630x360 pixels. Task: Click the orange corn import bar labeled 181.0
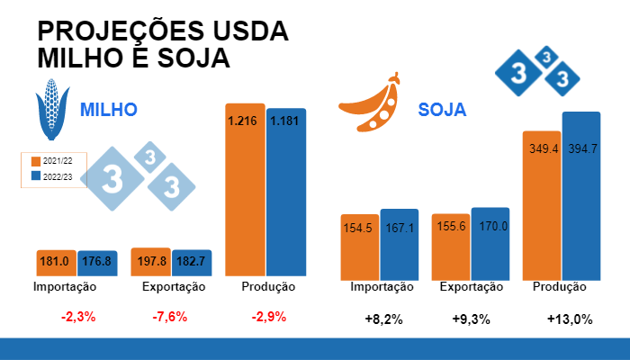[x=56, y=262]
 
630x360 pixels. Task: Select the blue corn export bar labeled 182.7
[x=192, y=262]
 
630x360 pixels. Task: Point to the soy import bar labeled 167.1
[x=399, y=244]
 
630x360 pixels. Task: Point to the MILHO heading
[x=108, y=110]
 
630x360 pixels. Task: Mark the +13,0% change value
[x=569, y=319]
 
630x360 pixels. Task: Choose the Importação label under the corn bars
[x=64, y=286]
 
